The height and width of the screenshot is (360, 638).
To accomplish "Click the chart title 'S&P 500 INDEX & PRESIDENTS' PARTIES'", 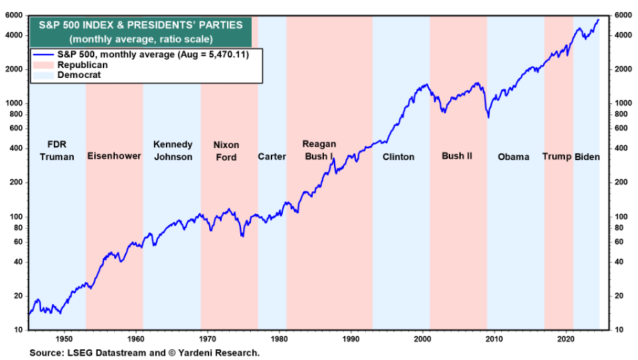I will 140,25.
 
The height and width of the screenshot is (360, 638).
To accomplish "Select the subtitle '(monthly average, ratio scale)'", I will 140,38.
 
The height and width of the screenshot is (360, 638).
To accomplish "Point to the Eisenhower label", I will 114,156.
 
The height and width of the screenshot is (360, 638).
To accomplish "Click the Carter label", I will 272,157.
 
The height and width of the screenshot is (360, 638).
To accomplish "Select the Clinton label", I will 398,157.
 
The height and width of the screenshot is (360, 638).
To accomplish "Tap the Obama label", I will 513,157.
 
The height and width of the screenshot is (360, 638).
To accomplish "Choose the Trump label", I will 557,157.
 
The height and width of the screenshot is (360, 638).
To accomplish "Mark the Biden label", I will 587,157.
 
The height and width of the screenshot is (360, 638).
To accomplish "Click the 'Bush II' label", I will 457,156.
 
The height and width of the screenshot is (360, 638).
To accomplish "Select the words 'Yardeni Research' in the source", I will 223,352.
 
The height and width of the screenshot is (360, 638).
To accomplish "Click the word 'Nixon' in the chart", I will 226,145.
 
